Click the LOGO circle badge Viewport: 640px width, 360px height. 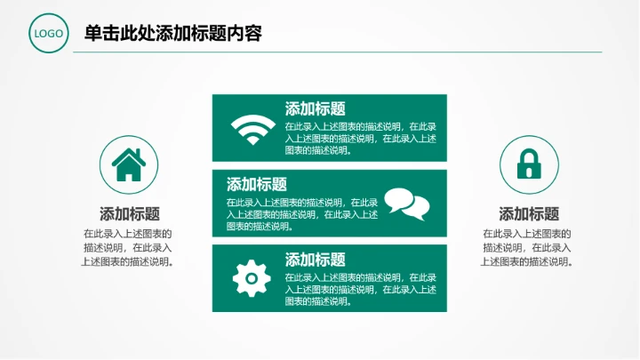[x=49, y=35]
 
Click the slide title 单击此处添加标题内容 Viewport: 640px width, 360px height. [x=172, y=34]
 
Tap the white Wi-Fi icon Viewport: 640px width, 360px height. [x=253, y=130]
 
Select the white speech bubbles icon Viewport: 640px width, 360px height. [x=406, y=204]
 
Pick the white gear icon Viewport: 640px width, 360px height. [x=251, y=278]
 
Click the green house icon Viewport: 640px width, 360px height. [x=129, y=165]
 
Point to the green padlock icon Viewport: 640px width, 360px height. [x=530, y=165]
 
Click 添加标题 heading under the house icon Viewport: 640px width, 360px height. [x=130, y=214]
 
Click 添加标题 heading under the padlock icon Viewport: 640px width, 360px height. [x=529, y=214]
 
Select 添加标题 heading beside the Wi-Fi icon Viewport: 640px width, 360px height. [x=315, y=109]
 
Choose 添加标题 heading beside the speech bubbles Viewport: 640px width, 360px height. [x=257, y=185]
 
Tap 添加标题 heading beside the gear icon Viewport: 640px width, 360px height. [x=315, y=260]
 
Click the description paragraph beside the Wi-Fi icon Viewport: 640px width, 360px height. [x=360, y=138]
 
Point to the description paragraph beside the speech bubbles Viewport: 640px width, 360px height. [x=302, y=213]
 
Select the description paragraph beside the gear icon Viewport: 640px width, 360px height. [x=360, y=289]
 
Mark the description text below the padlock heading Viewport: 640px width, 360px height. [x=527, y=247]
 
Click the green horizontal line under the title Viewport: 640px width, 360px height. [x=338, y=52]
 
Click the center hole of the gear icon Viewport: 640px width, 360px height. [x=251, y=279]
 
